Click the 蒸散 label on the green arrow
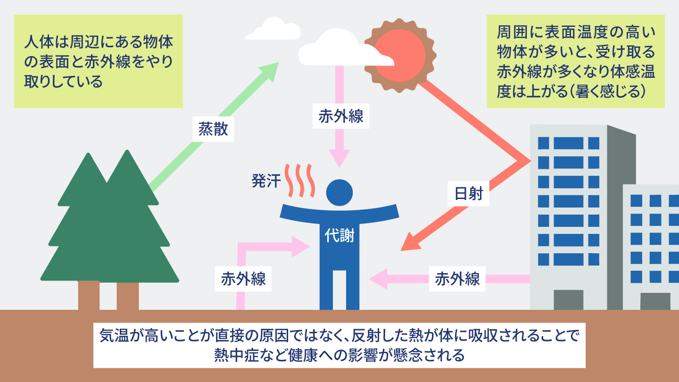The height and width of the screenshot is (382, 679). click(213, 129)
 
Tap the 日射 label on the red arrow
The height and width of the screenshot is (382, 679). click(469, 194)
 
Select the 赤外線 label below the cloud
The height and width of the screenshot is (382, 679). click(341, 116)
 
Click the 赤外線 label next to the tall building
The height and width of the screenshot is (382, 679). click(457, 279)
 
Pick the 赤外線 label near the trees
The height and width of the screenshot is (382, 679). click(243, 279)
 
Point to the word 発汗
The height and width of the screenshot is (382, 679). click(266, 181)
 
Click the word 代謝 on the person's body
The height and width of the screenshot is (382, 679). click(339, 235)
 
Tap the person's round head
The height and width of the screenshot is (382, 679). click(339, 193)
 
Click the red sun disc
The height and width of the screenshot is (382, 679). click(400, 56)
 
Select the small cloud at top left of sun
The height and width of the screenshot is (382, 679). click(273, 29)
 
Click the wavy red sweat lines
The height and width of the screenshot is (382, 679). click(300, 181)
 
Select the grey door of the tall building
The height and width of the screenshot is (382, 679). click(568, 300)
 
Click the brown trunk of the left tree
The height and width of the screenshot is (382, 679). click(89, 295)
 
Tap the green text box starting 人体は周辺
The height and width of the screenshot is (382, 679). click(99, 61)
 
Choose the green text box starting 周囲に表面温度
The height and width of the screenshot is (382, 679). click(576, 61)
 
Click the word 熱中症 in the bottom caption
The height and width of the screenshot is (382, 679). click(236, 355)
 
